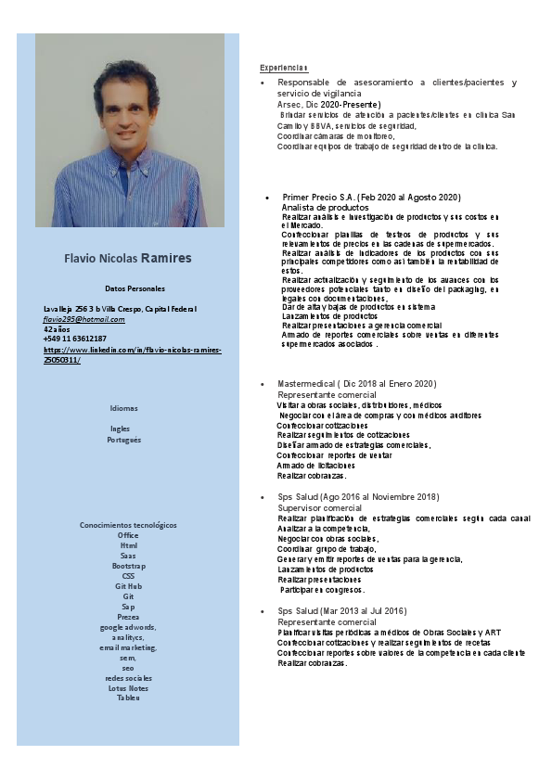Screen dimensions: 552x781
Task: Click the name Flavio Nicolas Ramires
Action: pos(128,257)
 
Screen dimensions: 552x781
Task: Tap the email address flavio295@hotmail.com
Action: pos(84,318)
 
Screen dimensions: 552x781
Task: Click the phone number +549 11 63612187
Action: pos(75,339)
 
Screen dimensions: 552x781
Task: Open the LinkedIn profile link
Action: pos(133,353)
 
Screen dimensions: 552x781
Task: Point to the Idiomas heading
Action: pos(123,408)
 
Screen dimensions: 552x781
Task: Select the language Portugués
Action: pos(123,439)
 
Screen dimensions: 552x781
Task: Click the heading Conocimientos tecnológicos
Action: pos(128,525)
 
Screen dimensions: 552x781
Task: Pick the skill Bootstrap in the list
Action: pos(128,565)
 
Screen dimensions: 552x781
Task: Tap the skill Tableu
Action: pos(128,698)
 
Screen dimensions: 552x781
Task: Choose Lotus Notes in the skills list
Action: pos(128,687)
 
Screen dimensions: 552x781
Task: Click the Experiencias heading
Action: pos(284,68)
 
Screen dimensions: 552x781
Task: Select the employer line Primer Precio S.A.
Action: pos(371,198)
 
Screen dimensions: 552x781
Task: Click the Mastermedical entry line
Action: pos(356,383)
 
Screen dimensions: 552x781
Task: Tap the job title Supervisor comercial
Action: pos(319,508)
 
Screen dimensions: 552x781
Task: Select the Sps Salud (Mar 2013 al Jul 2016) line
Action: pos(341,610)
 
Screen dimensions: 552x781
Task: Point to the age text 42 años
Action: pos(58,328)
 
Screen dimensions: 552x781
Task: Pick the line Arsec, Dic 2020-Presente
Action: pos(328,104)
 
